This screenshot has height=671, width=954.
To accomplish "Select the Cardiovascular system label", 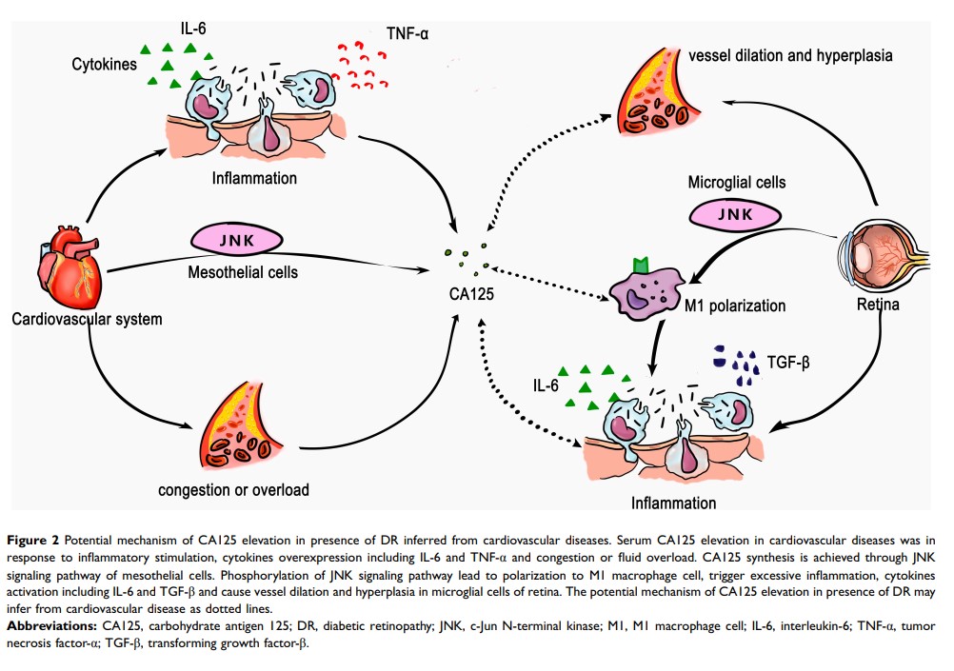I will tap(87, 319).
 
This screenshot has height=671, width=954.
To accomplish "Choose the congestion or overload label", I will tap(234, 491).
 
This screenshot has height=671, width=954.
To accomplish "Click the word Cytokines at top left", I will tap(104, 65).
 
